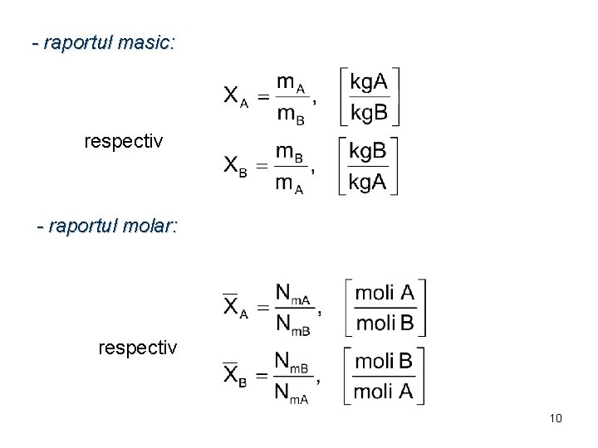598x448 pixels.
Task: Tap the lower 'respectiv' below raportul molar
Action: click(x=137, y=347)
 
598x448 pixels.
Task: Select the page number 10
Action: click(x=556, y=418)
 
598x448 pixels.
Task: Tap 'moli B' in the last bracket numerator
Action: click(x=385, y=361)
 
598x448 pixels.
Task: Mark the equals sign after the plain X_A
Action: click(x=262, y=96)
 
